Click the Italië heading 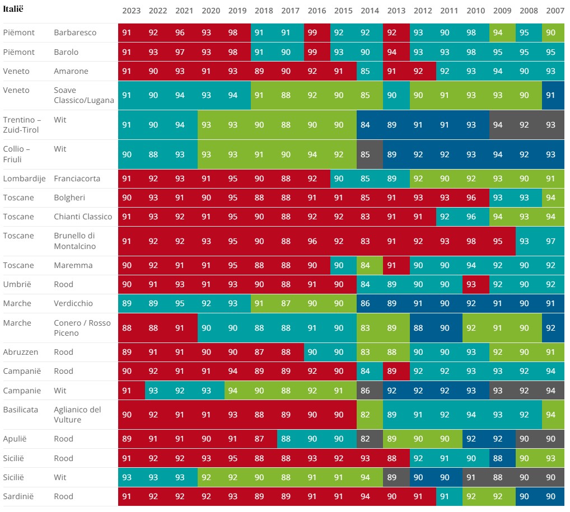pos(13,9)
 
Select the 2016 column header pos(316,11)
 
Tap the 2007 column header pos(555,11)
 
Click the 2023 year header pos(131,11)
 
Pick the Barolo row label pos(66,52)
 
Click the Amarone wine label pos(71,71)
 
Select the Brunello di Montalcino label pos(75,241)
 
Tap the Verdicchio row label pos(73,303)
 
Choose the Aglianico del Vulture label pos(77,415)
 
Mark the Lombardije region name pos(24,179)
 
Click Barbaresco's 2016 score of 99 pos(312,32)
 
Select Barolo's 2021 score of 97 pos(180,52)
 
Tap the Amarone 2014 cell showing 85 pos(365,71)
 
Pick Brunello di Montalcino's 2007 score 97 pos(550,241)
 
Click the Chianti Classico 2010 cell pos(471,217)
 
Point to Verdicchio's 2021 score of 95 pos(180,303)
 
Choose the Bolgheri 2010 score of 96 pos(471,198)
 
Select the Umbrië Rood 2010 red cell pos(471,284)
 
